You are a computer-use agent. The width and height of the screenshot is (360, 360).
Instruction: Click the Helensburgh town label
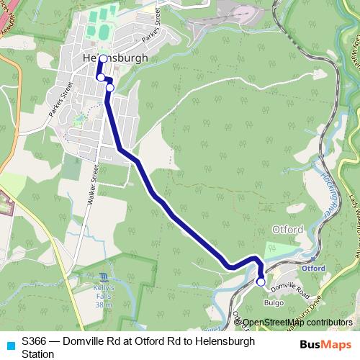click(x=115, y=58)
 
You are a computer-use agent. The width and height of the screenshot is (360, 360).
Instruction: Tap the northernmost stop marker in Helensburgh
click(x=103, y=59)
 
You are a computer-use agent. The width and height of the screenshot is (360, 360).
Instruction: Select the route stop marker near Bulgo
click(x=261, y=282)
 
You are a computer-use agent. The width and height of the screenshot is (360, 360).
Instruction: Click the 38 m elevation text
click(x=104, y=305)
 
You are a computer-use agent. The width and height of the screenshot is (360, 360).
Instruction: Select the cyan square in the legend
click(x=10, y=345)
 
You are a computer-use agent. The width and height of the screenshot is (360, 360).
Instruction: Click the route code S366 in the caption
click(x=34, y=341)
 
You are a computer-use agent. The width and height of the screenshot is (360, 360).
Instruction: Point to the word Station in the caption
click(x=37, y=354)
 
